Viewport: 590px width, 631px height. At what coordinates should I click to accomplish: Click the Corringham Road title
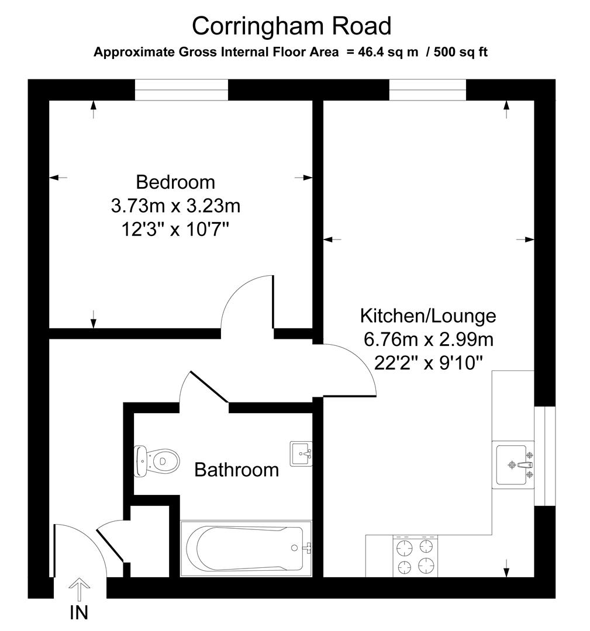click(291, 26)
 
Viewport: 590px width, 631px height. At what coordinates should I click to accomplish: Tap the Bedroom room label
click(175, 182)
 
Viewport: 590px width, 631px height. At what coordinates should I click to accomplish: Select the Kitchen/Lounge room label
click(427, 316)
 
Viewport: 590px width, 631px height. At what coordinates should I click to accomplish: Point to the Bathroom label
click(236, 470)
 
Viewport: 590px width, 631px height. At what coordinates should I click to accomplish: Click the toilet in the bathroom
click(156, 461)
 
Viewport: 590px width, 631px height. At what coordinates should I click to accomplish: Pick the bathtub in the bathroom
click(246, 548)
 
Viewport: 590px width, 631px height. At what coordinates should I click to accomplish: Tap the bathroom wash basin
click(301, 454)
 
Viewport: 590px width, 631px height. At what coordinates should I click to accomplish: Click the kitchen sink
click(513, 465)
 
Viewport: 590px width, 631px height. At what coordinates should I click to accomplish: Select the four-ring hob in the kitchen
click(415, 556)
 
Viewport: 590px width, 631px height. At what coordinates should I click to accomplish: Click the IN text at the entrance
click(79, 612)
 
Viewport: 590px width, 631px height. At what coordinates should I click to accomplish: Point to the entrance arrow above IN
click(79, 590)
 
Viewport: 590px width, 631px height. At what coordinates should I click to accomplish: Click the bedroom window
click(181, 90)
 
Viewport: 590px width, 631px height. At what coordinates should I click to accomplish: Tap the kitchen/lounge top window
click(427, 90)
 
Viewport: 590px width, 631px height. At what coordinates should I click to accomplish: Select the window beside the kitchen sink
click(545, 456)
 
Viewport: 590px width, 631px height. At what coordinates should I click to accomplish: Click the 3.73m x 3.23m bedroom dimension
click(175, 206)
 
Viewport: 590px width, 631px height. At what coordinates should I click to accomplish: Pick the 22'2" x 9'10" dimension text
click(428, 363)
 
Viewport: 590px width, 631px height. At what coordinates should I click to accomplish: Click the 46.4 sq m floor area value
click(388, 53)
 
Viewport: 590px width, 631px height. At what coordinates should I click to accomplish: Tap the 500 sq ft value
click(461, 53)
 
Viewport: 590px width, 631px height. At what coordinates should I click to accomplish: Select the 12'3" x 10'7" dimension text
click(175, 230)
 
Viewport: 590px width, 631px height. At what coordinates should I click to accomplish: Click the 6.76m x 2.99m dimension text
click(429, 339)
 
